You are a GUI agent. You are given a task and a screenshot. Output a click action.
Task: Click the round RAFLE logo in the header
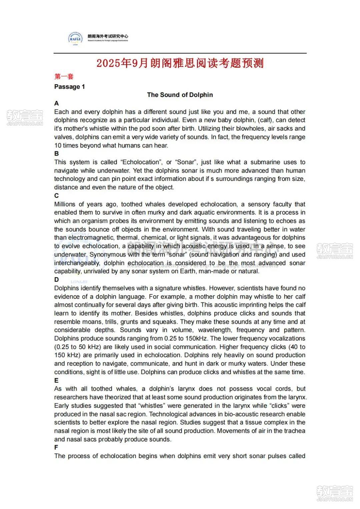[x=75, y=39]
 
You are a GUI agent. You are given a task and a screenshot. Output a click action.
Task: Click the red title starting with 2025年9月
[x=180, y=63]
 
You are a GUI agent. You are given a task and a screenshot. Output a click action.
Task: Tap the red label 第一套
[x=64, y=77]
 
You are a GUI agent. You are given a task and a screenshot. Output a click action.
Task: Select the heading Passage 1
[x=70, y=87]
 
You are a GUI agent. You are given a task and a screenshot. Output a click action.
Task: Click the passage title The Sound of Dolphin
[x=180, y=95]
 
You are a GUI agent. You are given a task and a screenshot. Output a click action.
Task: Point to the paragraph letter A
[x=57, y=103]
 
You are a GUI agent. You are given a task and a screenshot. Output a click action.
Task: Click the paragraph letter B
[x=57, y=154]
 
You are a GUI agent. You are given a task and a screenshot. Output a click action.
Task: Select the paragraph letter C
[x=57, y=196]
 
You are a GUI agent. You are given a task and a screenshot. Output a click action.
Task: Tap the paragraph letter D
[x=57, y=279]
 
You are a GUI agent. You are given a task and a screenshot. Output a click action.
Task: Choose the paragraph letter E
[x=56, y=380]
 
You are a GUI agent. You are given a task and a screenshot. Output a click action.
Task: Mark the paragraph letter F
[x=56, y=447]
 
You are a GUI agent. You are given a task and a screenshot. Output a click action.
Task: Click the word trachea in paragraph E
[x=295, y=431]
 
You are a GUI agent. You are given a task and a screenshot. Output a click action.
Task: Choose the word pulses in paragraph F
[x=277, y=456]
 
